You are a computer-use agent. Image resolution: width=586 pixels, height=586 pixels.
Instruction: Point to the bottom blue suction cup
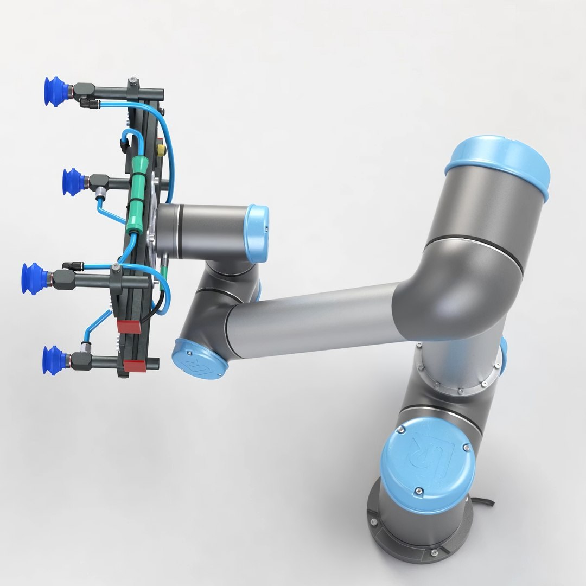coord(55,359)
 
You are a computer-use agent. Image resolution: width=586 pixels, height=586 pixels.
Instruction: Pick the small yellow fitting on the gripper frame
coord(161,148)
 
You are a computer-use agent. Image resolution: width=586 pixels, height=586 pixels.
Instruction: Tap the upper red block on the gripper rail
coord(129,326)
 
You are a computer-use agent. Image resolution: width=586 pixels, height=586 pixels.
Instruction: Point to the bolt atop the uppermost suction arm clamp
coord(133,81)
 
